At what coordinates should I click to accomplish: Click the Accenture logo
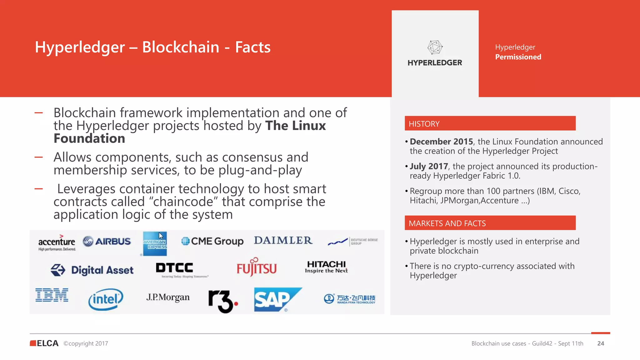(x=57, y=242)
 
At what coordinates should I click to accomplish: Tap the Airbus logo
(x=107, y=241)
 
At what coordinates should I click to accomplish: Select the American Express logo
(x=155, y=244)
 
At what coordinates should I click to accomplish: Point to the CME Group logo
(x=212, y=241)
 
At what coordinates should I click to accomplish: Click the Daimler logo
(x=283, y=240)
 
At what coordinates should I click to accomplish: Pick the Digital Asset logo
(x=92, y=270)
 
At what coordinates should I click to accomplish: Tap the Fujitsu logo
(x=257, y=268)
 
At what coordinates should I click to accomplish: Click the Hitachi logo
(x=326, y=267)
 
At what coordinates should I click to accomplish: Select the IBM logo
(x=52, y=295)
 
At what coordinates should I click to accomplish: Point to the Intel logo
(x=106, y=299)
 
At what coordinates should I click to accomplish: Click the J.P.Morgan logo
(x=168, y=297)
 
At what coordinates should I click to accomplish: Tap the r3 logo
(x=223, y=301)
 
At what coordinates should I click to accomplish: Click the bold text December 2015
(x=441, y=142)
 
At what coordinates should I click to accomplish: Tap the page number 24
(x=601, y=343)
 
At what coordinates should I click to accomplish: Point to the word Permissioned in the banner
(x=518, y=57)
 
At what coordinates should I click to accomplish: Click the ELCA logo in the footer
(x=44, y=343)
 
